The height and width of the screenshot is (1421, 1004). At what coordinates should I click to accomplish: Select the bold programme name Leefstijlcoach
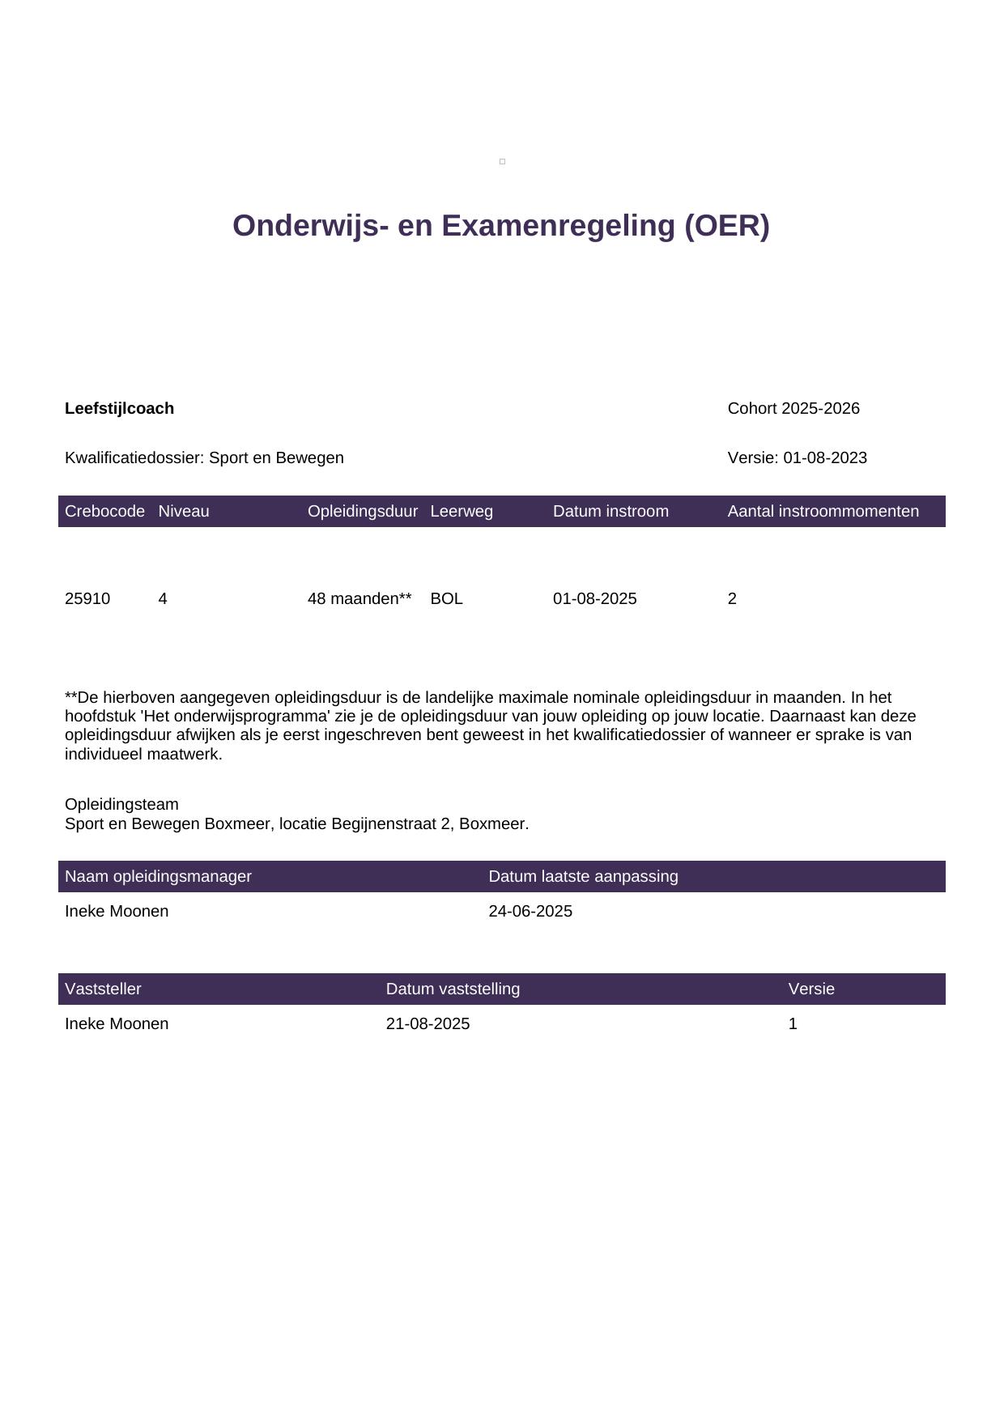pos(119,409)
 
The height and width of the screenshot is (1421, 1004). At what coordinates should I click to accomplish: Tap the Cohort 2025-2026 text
pos(793,409)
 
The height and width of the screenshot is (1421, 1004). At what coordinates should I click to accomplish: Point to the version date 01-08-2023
pos(825,458)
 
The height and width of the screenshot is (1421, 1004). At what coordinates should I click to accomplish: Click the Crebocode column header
pos(104,512)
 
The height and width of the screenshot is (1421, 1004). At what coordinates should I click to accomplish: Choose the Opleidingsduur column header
pos(362,512)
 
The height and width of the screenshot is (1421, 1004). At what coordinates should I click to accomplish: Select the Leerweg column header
pos(462,512)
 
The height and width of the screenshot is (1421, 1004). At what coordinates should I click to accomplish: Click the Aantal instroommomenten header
pos(823,512)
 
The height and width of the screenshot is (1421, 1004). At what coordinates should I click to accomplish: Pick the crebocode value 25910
pos(87,599)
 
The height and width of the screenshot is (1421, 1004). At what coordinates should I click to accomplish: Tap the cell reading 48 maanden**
pos(359,599)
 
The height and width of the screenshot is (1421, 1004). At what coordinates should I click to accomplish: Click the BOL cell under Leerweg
pos(446,599)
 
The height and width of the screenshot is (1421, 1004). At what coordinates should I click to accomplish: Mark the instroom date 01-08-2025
pos(594,599)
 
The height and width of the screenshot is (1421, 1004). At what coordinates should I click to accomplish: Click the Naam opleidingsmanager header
pos(158,877)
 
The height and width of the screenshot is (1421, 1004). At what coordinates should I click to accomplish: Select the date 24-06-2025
pos(530,912)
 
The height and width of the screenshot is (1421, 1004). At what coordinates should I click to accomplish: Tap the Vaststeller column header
pos(103,989)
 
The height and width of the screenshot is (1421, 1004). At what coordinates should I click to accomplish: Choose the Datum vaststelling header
pos(453,989)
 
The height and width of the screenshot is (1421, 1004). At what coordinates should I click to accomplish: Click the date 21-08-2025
pos(428,1024)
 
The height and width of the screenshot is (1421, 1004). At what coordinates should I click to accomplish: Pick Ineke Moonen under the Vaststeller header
pos(117,1024)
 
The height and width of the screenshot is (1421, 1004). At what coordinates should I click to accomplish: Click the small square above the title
pos(502,162)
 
